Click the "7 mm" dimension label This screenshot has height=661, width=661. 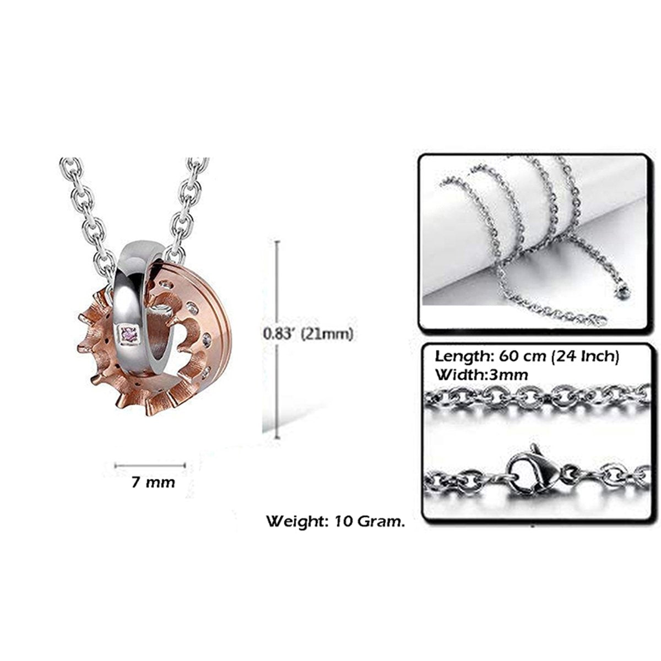[x=153, y=483]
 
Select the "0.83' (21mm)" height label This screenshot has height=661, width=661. [x=308, y=333]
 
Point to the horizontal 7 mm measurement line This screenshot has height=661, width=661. [x=150, y=465]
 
